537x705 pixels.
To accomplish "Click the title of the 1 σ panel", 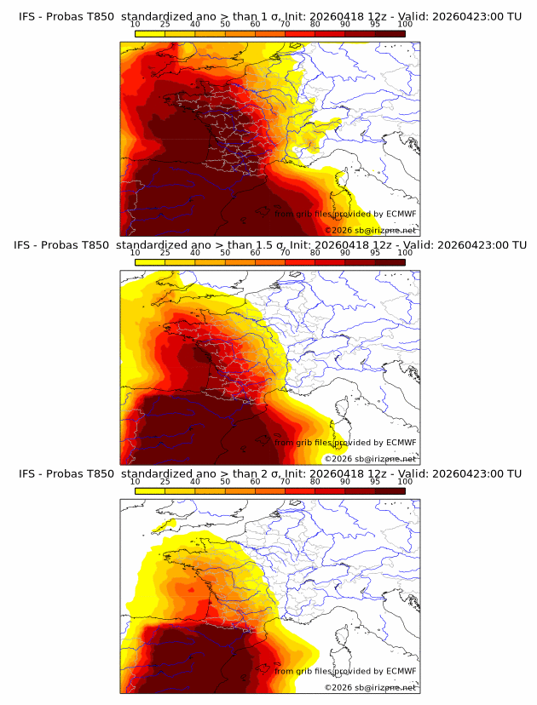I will click(x=269, y=16).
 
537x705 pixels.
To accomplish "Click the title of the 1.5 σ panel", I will click(x=269, y=245).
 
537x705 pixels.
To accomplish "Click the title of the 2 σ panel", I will click(x=269, y=473).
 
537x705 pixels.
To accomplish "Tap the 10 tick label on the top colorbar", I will click(x=135, y=24).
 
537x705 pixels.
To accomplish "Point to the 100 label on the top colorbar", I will click(x=405, y=24).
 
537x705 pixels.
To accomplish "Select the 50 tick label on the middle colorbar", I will click(x=225, y=253).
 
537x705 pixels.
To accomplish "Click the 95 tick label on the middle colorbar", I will click(x=375, y=253).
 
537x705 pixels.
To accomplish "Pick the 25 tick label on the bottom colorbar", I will click(x=165, y=481).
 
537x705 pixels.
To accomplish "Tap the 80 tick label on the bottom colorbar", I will click(x=315, y=481).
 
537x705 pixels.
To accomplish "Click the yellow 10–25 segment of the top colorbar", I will click(x=149, y=33).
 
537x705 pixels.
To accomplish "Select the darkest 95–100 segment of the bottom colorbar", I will click(x=390, y=490).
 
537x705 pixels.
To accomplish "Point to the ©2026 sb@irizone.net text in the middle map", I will click(x=370, y=459).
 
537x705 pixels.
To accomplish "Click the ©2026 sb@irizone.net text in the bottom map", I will click(x=370, y=687).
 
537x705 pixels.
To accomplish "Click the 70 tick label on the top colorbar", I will click(x=285, y=24).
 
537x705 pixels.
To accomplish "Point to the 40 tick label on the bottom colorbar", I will click(x=195, y=481).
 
